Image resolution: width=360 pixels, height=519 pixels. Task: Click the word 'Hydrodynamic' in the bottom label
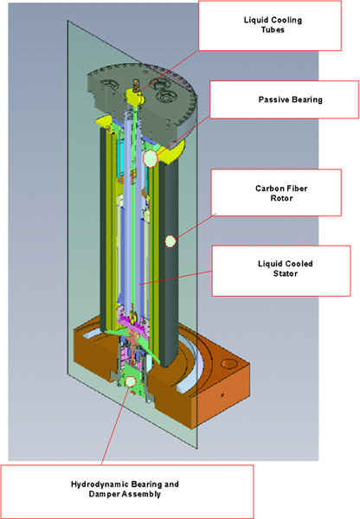(100, 484)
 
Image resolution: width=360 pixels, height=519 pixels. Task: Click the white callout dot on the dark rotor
(171, 239)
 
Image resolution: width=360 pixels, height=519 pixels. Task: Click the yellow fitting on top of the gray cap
(135, 91)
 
